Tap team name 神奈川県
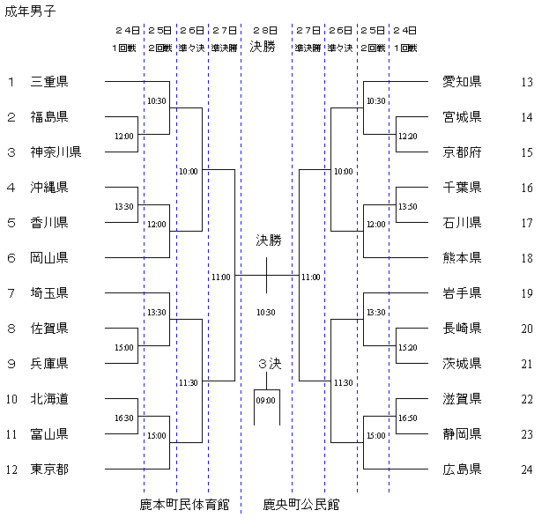pos(56,152)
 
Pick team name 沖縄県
pos(49,188)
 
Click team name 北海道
pos(49,399)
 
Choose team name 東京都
pos(49,470)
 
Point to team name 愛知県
pos(463,82)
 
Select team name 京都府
pos(463,152)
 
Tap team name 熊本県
pos(463,258)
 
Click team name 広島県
pos(463,470)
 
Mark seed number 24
pos(527,470)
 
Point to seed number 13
pos(527,82)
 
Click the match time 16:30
pos(124,418)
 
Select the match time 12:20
pos(407,137)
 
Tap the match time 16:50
pos(407,418)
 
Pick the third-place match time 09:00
pos(266,401)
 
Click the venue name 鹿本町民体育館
pos(184,505)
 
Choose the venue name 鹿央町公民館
pos(301,505)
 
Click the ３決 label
pos(268,363)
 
